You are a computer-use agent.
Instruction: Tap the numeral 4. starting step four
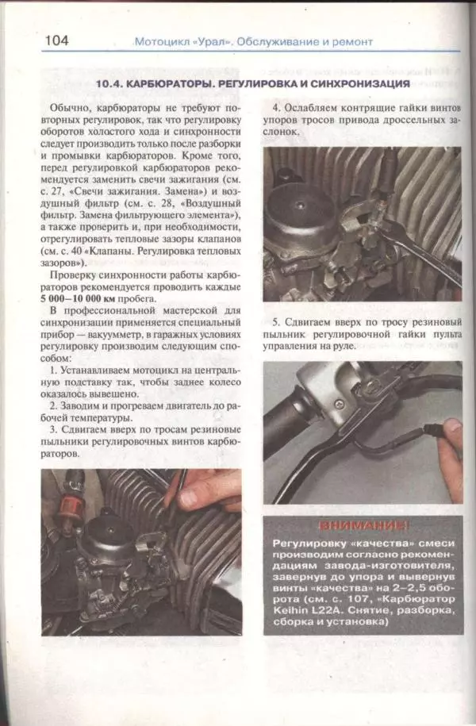tap(276, 107)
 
